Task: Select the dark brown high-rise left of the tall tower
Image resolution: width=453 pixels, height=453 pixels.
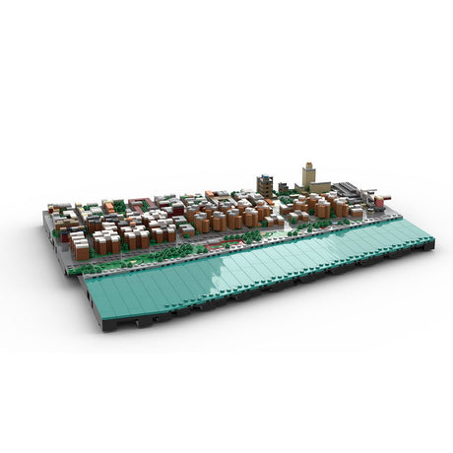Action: click(265, 185)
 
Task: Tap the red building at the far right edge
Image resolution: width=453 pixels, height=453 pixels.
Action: click(379, 203)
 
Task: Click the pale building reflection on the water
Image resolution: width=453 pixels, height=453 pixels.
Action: click(246, 261)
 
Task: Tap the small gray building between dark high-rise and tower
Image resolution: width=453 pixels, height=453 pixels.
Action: click(284, 188)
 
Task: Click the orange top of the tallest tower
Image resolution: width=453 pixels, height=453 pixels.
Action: click(307, 165)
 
